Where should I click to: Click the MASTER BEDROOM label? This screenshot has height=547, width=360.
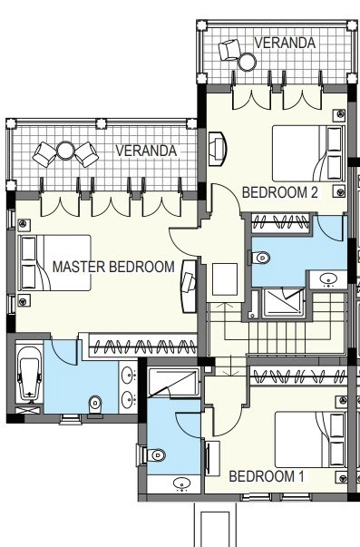113,267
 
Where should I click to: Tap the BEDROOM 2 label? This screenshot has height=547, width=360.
280,192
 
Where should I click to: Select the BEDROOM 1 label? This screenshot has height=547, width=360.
267,476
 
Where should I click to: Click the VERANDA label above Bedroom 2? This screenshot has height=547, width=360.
285,43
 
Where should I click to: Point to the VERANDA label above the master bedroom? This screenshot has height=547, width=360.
146,151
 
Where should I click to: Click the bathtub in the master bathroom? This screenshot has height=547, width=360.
30,374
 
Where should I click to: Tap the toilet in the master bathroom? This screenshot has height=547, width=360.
95,406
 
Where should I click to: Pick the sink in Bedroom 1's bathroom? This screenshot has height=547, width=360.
181,484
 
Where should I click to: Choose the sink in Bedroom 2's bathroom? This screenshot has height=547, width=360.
328,279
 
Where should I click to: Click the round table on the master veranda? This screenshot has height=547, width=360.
65,151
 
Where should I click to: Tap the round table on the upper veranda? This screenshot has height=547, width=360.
248,62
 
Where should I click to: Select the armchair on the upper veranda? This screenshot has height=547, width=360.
229,50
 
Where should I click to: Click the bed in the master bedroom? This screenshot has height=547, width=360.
56,263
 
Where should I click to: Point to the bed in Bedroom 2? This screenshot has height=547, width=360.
307,153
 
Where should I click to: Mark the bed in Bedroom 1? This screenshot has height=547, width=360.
310,440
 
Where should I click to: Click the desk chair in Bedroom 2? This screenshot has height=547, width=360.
216,149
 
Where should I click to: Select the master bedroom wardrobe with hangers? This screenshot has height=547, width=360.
142,346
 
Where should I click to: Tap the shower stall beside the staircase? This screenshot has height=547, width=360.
283,303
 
